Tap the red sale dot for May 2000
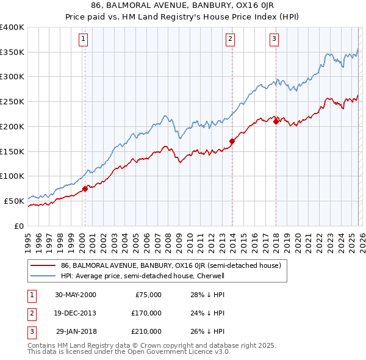pyautogui.click(x=85, y=189)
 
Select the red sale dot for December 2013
pyautogui.click(x=232, y=142)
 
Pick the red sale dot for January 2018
pyautogui.click(x=276, y=121)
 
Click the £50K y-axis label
pyautogui.click(x=14, y=201)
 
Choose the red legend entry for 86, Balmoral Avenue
pyautogui.click(x=170, y=266)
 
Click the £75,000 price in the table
pyautogui.click(x=148, y=295)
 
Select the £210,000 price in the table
pyautogui.click(x=146, y=331)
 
